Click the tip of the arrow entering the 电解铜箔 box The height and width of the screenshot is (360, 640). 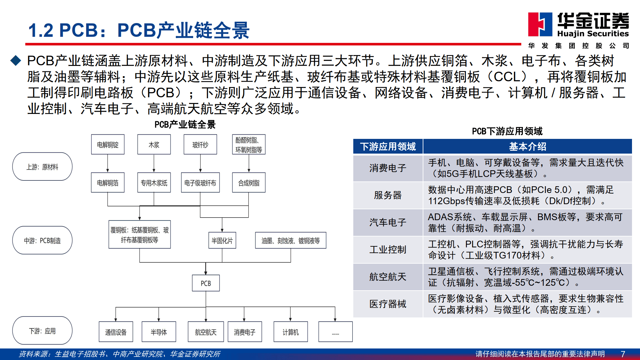pyautogui.click(x=108, y=172)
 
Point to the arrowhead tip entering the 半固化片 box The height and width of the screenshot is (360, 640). pyautogui.click(x=222, y=232)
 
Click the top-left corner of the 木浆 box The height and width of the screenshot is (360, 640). pyautogui.click(x=138, y=135)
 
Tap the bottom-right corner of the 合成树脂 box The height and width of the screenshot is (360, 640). pyautogui.click(x=265, y=192)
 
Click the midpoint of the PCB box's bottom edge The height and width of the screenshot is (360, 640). pyautogui.click(x=206, y=291)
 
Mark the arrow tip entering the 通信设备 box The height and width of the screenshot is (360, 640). pyautogui.click(x=116, y=322)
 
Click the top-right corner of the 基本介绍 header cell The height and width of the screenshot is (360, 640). pyautogui.click(x=632, y=139)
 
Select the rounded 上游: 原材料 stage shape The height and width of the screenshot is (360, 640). pyautogui.click(x=42, y=166)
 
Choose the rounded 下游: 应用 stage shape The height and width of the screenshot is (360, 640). pyautogui.click(x=42, y=331)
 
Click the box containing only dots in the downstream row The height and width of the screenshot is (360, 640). pyautogui.click(x=335, y=332)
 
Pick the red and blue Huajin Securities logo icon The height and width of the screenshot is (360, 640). pyautogui.click(x=540, y=24)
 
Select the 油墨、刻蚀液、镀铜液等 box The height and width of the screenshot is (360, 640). pyautogui.click(x=291, y=240)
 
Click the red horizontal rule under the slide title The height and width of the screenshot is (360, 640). pyautogui.click(x=273, y=44)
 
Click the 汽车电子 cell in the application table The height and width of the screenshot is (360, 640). pyautogui.click(x=388, y=222)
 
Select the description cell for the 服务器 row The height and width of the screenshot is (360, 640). pyautogui.click(x=527, y=195)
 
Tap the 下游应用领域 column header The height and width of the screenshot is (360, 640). pyautogui.click(x=388, y=147)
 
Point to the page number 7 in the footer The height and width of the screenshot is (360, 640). pyautogui.click(x=623, y=354)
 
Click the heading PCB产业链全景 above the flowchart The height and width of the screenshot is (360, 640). pyautogui.click(x=185, y=124)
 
